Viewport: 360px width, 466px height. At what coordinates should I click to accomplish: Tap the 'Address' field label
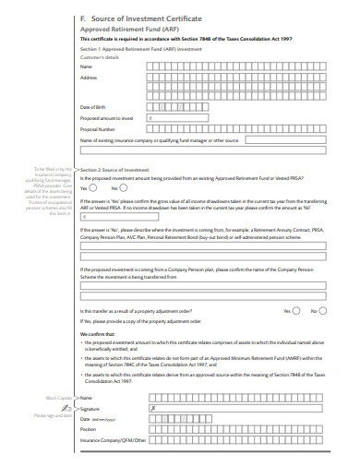(89, 78)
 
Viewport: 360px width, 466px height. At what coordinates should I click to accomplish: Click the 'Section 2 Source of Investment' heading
(116, 170)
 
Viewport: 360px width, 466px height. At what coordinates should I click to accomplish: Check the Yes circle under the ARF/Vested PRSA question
(98, 187)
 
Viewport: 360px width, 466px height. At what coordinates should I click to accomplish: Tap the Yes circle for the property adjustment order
(297, 311)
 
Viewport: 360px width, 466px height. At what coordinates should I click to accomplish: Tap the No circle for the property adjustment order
(323, 311)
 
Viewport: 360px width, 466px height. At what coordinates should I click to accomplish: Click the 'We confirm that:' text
(98, 333)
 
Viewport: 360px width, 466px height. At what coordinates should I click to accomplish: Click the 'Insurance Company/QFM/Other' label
(114, 440)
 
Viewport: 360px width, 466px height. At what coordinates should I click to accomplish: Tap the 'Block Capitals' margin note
(59, 397)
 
